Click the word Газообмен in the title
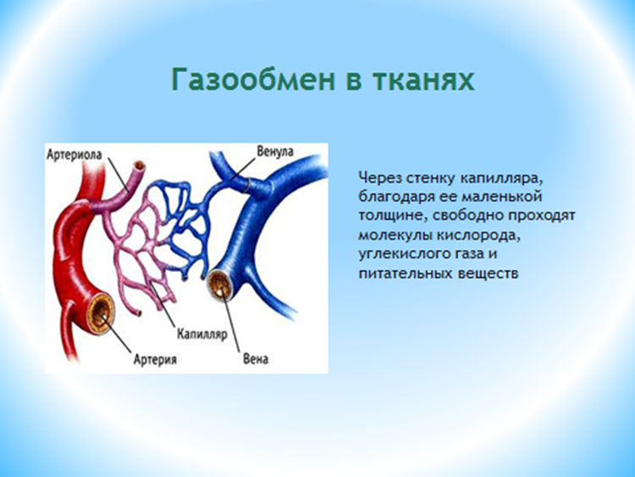click(x=253, y=80)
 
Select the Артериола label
click(x=75, y=154)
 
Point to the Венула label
click(x=275, y=152)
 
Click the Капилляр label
click(x=202, y=335)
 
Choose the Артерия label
click(x=155, y=359)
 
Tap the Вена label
click(x=256, y=359)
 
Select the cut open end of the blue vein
click(x=220, y=286)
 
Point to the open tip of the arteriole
click(x=140, y=166)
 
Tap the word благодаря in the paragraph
click(x=396, y=197)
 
